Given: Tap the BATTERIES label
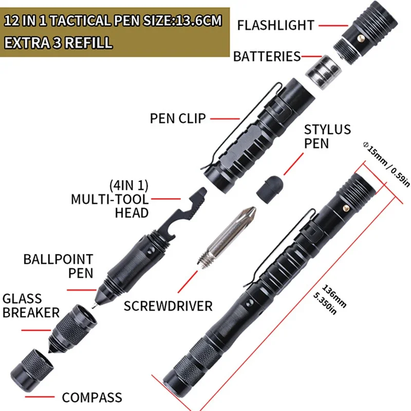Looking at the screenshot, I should click(x=267, y=56).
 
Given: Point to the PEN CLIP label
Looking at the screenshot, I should click(x=178, y=118).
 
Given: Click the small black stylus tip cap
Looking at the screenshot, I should click(x=270, y=185).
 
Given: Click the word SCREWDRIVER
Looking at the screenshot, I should click(x=168, y=306).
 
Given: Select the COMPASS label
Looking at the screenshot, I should click(x=92, y=397).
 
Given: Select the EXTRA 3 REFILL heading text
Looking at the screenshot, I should click(x=58, y=42).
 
